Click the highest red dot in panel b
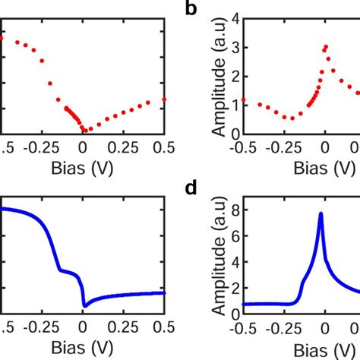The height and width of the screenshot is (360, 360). click(326, 46)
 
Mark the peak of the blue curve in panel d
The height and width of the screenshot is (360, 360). click(321, 213)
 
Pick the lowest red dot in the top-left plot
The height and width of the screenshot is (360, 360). click(84, 130)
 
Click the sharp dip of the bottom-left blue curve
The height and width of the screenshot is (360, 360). click(84, 305)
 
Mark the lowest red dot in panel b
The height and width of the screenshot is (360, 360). click(292, 118)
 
